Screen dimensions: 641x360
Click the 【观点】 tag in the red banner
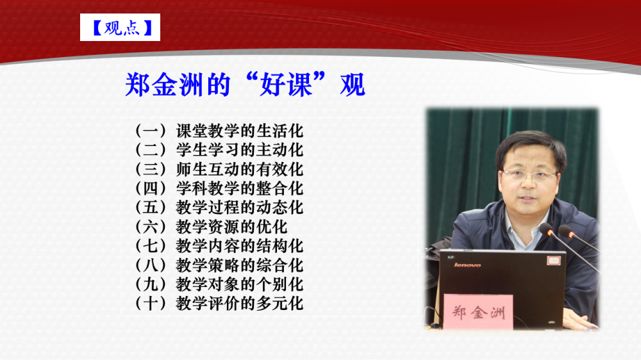[x=121, y=28]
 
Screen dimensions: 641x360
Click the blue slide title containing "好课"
[x=245, y=85]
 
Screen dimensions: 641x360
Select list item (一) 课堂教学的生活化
[x=219, y=131]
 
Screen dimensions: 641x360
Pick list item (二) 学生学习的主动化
[x=219, y=150]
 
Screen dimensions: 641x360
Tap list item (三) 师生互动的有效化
[x=219, y=169]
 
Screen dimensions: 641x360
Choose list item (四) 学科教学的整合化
[x=219, y=188]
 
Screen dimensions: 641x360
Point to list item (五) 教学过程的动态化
[x=219, y=208]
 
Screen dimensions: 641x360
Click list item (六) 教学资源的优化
[x=212, y=227]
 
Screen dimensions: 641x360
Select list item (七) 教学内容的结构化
[x=219, y=246]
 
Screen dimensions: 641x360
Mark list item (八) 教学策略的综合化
[x=219, y=265]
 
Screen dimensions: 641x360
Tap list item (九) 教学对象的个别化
[x=219, y=284]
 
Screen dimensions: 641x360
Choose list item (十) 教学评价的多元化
[x=219, y=304]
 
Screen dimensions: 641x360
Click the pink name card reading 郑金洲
[x=478, y=312]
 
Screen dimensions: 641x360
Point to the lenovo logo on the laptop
[x=467, y=265]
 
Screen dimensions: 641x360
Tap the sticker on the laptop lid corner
[x=554, y=260]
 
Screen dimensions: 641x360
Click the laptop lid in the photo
[x=503, y=286]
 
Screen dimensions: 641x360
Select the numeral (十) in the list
[x=151, y=304]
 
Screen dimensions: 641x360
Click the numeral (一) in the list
[x=151, y=131]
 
